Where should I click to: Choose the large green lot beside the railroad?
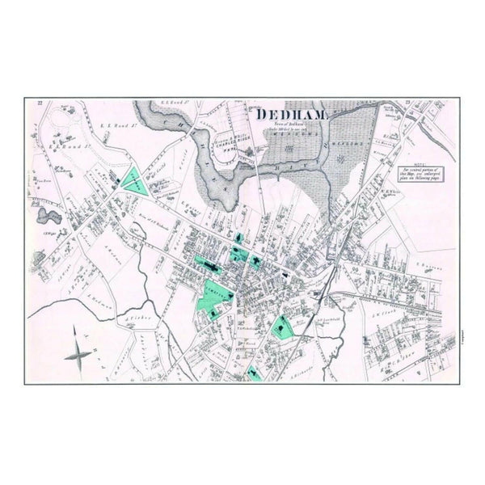(x=282, y=327)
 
